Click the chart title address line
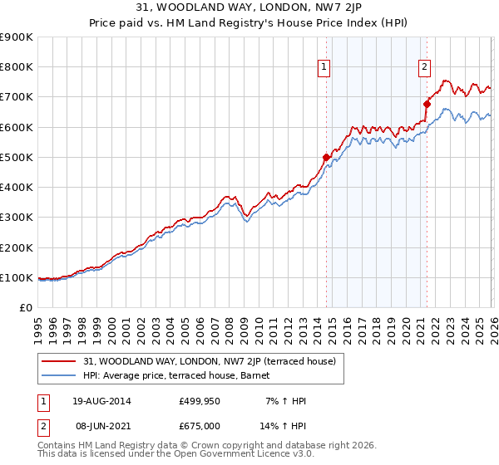tap(249, 8)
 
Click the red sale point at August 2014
tap(326, 157)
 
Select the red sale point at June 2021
tap(427, 105)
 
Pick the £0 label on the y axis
tap(25, 308)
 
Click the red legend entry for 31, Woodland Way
tap(209, 361)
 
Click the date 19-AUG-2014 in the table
tap(101, 401)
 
